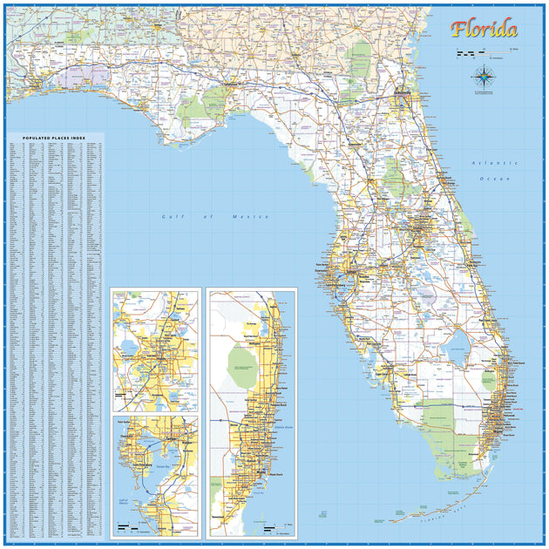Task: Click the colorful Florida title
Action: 484,30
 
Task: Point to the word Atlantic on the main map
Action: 483,163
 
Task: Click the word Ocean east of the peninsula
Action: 500,178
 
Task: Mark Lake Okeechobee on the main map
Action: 456,351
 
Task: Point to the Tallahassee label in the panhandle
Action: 232,85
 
